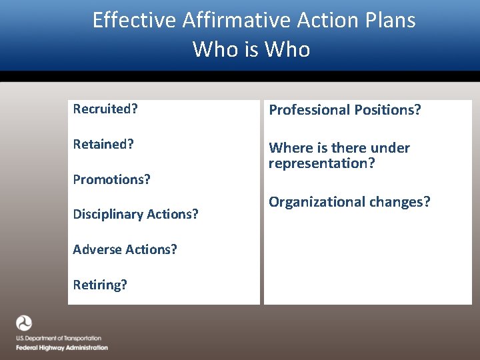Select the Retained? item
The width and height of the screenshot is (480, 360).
click(103, 144)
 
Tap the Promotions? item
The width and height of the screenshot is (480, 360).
click(111, 179)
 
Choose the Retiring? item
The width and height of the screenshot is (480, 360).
click(100, 285)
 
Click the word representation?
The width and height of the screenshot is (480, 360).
click(322, 163)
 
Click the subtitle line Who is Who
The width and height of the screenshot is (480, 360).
click(251, 49)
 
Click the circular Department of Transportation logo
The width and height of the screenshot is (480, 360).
click(24, 323)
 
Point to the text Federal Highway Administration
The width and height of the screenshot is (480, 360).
click(62, 348)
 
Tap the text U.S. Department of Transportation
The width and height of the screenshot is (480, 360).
click(59, 339)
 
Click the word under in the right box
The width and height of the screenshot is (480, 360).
click(389, 148)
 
